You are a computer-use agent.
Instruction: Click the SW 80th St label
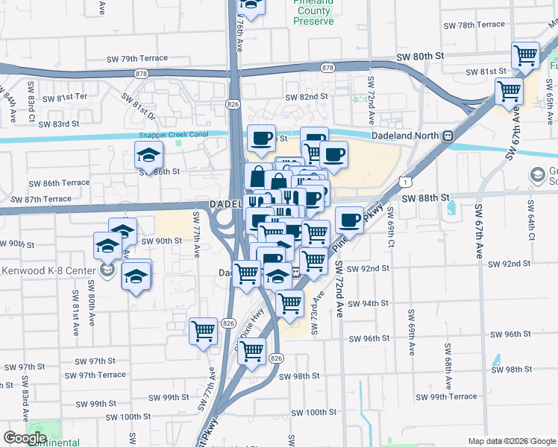click(x=420, y=57)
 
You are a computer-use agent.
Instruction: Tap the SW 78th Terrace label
click(x=471, y=25)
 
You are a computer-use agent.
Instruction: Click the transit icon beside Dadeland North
click(x=448, y=136)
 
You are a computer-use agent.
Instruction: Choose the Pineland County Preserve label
click(x=313, y=13)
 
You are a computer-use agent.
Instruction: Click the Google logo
click(x=25, y=437)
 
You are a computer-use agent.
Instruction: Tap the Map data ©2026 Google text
click(x=512, y=441)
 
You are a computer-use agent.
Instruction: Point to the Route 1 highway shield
click(x=404, y=181)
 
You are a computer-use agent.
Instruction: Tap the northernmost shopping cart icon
click(x=526, y=54)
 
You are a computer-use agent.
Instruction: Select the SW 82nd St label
click(x=307, y=97)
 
